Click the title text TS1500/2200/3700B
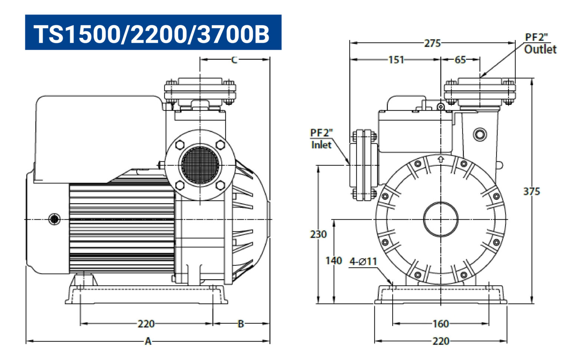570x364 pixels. (x=151, y=34)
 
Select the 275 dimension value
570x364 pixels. (x=432, y=43)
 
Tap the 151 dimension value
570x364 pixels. (x=396, y=60)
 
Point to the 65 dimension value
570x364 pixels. (x=460, y=60)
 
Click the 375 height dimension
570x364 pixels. (x=531, y=191)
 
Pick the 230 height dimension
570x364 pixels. (x=318, y=234)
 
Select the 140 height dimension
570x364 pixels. (x=334, y=260)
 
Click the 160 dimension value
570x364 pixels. (x=440, y=324)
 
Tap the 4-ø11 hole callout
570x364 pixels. (x=363, y=262)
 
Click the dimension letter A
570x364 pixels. (x=148, y=341)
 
